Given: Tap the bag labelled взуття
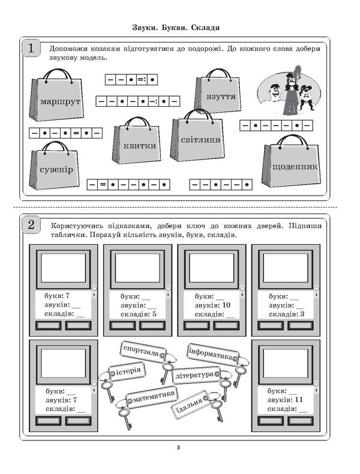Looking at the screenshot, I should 215,94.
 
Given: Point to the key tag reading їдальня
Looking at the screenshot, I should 190,409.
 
